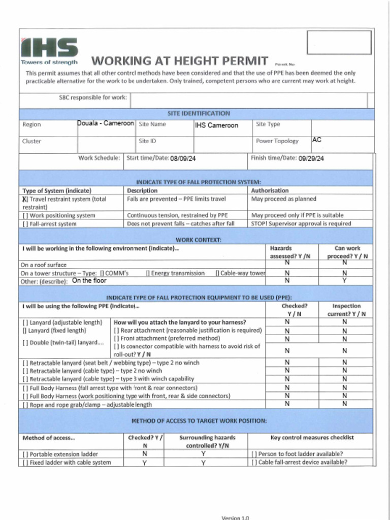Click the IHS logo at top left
tap(49, 50)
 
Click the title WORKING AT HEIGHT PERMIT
tap(179, 61)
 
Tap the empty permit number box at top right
tap(339, 42)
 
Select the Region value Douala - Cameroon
tap(106, 123)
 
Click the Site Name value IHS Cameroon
tap(216, 125)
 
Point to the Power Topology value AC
tap(317, 139)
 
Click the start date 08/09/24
tap(183, 158)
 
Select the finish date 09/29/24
tap(311, 158)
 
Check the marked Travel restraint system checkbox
tap(24, 199)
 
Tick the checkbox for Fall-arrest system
tap(24, 223)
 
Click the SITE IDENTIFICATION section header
tap(199, 113)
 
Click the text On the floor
tap(89, 280)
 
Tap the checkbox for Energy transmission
tap(148, 273)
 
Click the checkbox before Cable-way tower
tap(217, 273)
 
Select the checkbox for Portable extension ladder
tap(25, 454)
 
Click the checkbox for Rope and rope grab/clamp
tap(25, 405)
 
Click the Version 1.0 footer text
tap(235, 517)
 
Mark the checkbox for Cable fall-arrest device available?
tap(254, 462)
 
